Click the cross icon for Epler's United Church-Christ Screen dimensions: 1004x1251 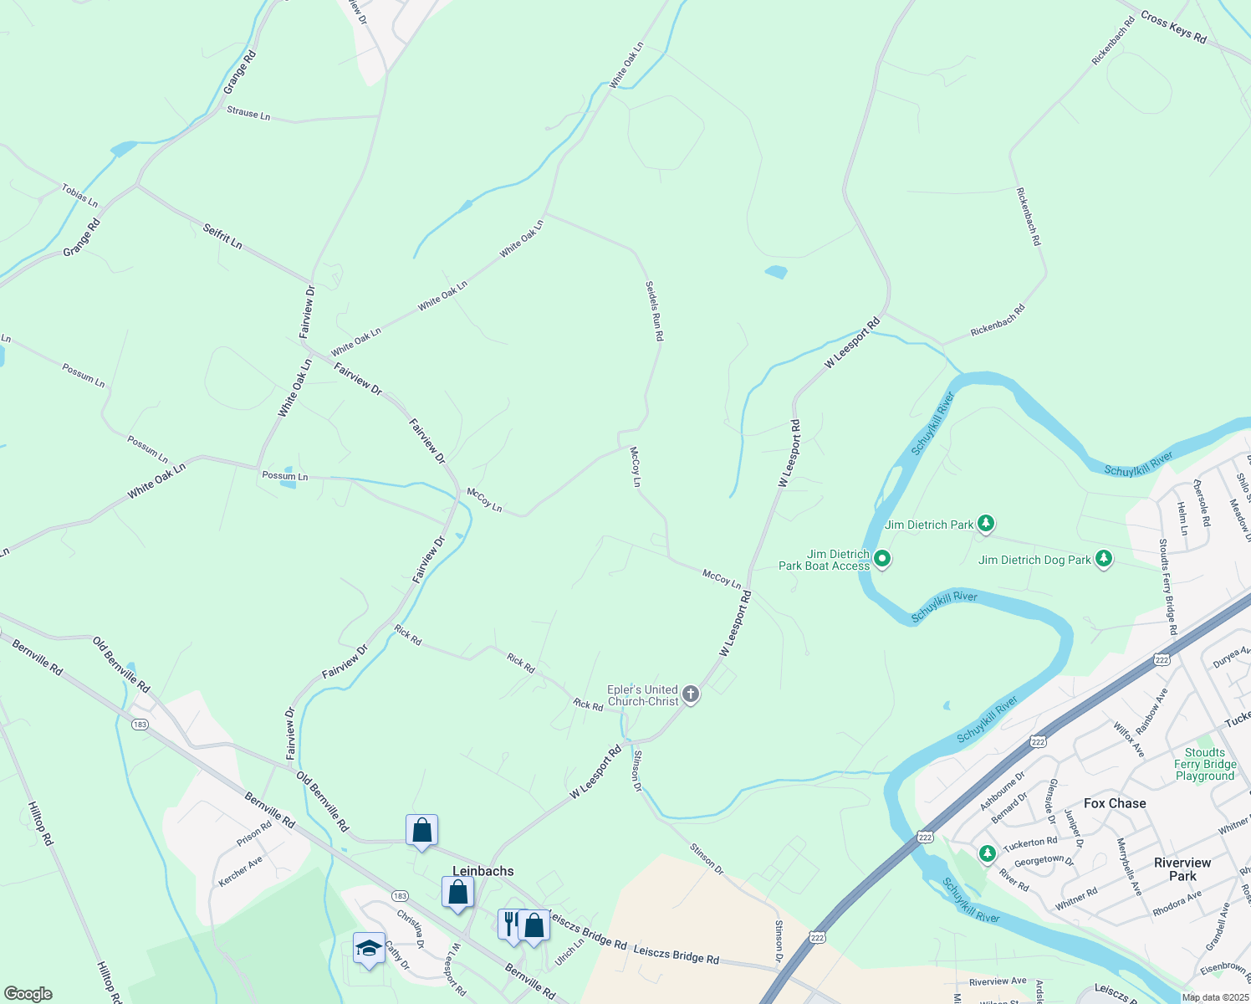tap(691, 694)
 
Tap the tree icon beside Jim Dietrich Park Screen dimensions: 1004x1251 tap(987, 524)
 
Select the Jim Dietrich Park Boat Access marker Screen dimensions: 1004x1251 tap(881, 558)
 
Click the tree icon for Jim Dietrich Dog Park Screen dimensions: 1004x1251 tap(1104, 558)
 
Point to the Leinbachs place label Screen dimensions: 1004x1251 tap(483, 871)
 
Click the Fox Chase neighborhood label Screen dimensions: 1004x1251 tap(1115, 803)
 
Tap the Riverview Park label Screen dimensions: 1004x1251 tap(1182, 869)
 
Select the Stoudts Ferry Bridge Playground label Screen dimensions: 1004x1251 tap(1205, 765)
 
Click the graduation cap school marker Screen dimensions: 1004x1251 tap(369, 948)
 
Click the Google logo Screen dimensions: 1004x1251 tap(28, 994)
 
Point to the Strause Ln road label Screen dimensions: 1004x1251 tap(248, 113)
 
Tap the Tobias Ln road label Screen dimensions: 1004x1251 tap(79, 196)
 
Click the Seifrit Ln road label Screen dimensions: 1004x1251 tap(222, 235)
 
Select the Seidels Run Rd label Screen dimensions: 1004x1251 tap(654, 310)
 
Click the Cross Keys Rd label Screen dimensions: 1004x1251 tap(1173, 28)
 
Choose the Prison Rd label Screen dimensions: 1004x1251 tap(254, 833)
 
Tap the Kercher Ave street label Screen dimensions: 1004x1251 tap(240, 871)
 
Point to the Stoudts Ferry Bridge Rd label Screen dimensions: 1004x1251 tap(1167, 587)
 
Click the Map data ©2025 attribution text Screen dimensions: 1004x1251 tap(1214, 997)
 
